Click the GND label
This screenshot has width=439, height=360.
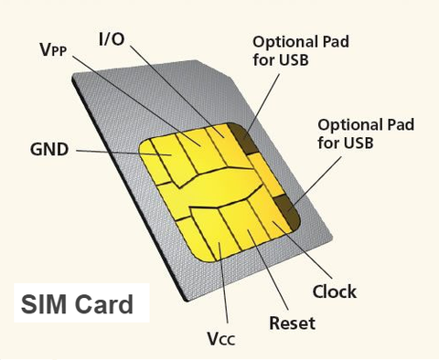(48, 149)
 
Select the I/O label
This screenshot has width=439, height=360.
(114, 39)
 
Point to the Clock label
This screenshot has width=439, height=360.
(334, 292)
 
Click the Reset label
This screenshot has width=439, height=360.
(292, 323)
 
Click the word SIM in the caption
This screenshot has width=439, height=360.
(48, 303)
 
